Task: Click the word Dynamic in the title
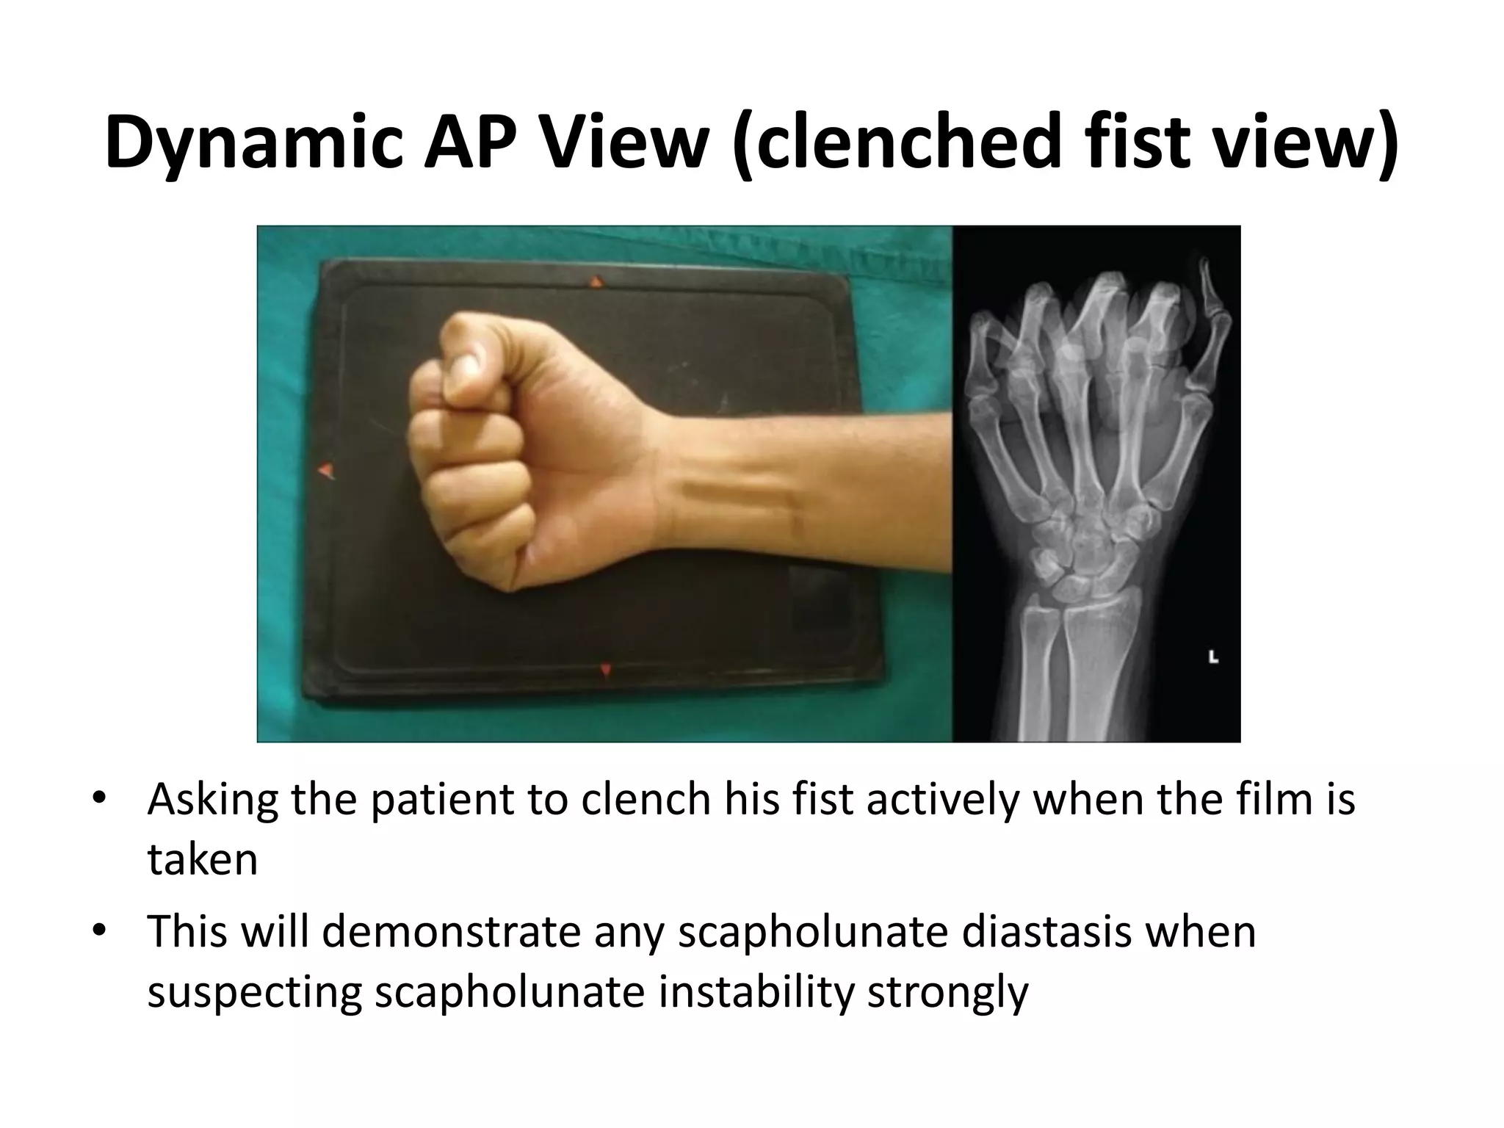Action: point(253,141)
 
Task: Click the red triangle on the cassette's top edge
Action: point(597,281)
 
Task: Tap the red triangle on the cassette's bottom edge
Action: point(606,670)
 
